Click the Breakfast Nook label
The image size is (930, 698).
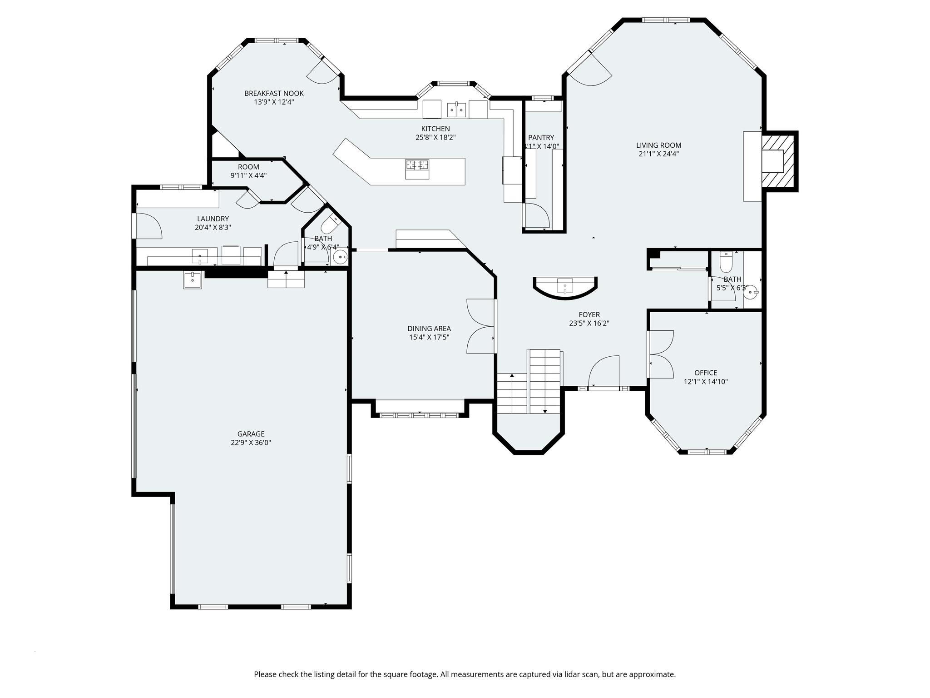[x=274, y=94]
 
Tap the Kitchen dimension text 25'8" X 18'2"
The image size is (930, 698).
[x=435, y=137]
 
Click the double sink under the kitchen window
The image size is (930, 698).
[x=457, y=110]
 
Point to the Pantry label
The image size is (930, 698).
[x=541, y=138]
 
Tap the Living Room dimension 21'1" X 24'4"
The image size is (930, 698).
[x=658, y=154]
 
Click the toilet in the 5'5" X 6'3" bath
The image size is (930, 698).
[x=726, y=263]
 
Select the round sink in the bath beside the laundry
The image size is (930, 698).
[x=339, y=258]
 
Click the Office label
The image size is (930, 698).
[x=706, y=373]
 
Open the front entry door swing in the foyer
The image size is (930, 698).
[x=604, y=371]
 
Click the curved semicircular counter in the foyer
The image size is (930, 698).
[x=565, y=288]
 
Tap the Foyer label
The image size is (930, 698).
[x=589, y=314]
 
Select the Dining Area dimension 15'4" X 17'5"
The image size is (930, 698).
[x=429, y=337]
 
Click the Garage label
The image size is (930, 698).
[x=251, y=434]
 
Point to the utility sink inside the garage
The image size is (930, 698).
[x=193, y=280]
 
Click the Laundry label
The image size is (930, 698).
[x=213, y=219]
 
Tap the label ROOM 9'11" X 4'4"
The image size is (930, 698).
[x=248, y=171]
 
